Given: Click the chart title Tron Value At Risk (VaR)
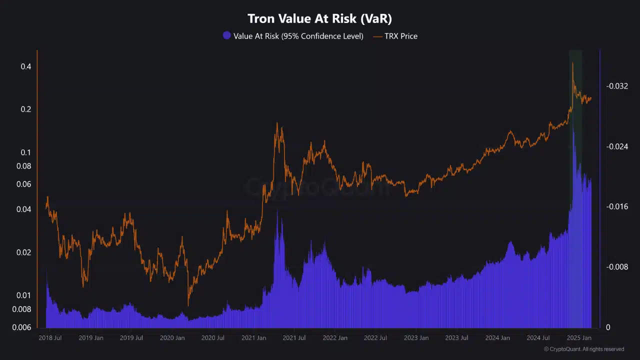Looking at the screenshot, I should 320,19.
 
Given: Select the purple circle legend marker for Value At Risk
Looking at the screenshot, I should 227,36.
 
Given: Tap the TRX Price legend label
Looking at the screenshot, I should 400,36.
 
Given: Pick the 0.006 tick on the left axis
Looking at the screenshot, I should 22,327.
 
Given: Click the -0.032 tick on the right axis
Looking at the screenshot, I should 617,86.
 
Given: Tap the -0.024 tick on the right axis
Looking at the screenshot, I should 617,146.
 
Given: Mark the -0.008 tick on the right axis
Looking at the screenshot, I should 617,267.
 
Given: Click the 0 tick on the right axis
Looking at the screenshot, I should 608,327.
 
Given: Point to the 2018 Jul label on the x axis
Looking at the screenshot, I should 50,338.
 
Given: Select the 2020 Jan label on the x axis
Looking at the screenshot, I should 172,338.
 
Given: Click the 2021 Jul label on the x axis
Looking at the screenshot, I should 294,338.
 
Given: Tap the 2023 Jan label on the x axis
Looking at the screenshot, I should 416,338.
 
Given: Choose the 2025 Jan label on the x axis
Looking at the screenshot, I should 579,338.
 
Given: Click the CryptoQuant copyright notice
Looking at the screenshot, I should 583,349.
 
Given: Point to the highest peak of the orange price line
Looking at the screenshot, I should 572,63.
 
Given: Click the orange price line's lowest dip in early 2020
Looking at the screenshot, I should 188,305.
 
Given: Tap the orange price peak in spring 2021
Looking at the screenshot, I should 277,123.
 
